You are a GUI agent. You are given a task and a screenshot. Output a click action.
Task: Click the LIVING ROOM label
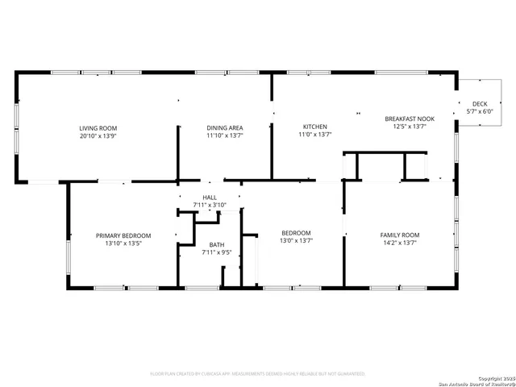(98, 128)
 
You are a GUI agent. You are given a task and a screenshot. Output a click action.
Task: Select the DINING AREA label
(225, 127)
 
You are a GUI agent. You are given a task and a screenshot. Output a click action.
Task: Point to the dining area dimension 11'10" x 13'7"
(225, 135)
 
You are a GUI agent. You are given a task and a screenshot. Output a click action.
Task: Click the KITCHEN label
(314, 127)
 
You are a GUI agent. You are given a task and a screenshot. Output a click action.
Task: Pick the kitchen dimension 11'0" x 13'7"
(314, 135)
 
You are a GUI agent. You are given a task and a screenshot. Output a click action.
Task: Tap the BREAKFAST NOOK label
(410, 119)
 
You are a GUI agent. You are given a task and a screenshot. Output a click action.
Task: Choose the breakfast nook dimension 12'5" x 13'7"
(410, 127)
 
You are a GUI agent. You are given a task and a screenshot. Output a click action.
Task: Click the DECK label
(480, 104)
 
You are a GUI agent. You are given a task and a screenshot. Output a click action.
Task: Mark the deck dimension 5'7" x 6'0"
(480, 112)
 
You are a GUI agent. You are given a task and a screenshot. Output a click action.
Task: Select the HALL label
(210, 197)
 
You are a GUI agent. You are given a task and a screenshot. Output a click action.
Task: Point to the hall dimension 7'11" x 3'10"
(210, 205)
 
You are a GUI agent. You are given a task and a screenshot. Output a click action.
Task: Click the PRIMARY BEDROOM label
(123, 235)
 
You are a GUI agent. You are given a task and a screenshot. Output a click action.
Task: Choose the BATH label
(216, 244)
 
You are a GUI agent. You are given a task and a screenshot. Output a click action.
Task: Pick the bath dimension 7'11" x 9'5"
(216, 252)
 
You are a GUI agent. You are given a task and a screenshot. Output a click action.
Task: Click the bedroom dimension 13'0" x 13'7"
(296, 240)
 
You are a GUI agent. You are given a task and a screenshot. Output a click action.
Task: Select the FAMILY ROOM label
(400, 235)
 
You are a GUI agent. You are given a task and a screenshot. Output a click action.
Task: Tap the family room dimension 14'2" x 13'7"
(400, 243)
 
